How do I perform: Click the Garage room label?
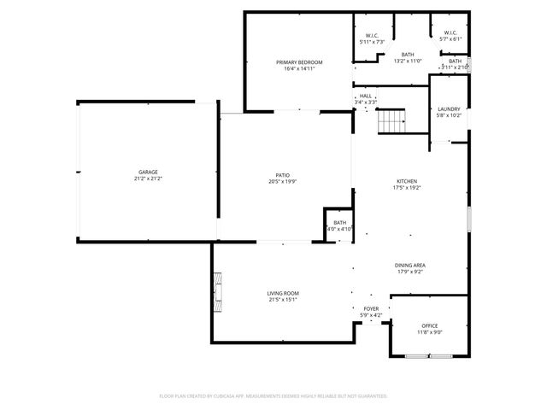[147, 172]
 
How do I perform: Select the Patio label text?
[283, 174]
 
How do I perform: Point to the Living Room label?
[283, 293]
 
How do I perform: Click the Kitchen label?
[407, 181]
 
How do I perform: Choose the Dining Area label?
[410, 265]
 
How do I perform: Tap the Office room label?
[429, 325]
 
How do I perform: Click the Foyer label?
[371, 308]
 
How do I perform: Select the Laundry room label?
[449, 108]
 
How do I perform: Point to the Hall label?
[365, 96]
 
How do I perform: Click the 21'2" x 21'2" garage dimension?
[147, 179]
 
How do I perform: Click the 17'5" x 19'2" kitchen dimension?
[407, 188]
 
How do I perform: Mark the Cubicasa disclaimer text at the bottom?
[273, 396]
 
